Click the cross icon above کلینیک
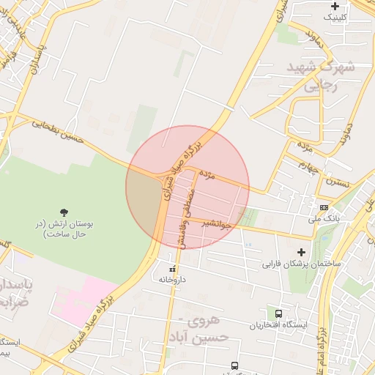[x=335, y=6]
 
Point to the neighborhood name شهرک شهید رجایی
[x=327, y=75]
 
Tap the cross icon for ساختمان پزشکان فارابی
[x=300, y=252]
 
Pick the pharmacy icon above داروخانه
[x=173, y=270]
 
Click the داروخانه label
[x=173, y=280]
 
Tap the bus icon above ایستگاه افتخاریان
[x=278, y=313]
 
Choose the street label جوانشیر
[x=218, y=226]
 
